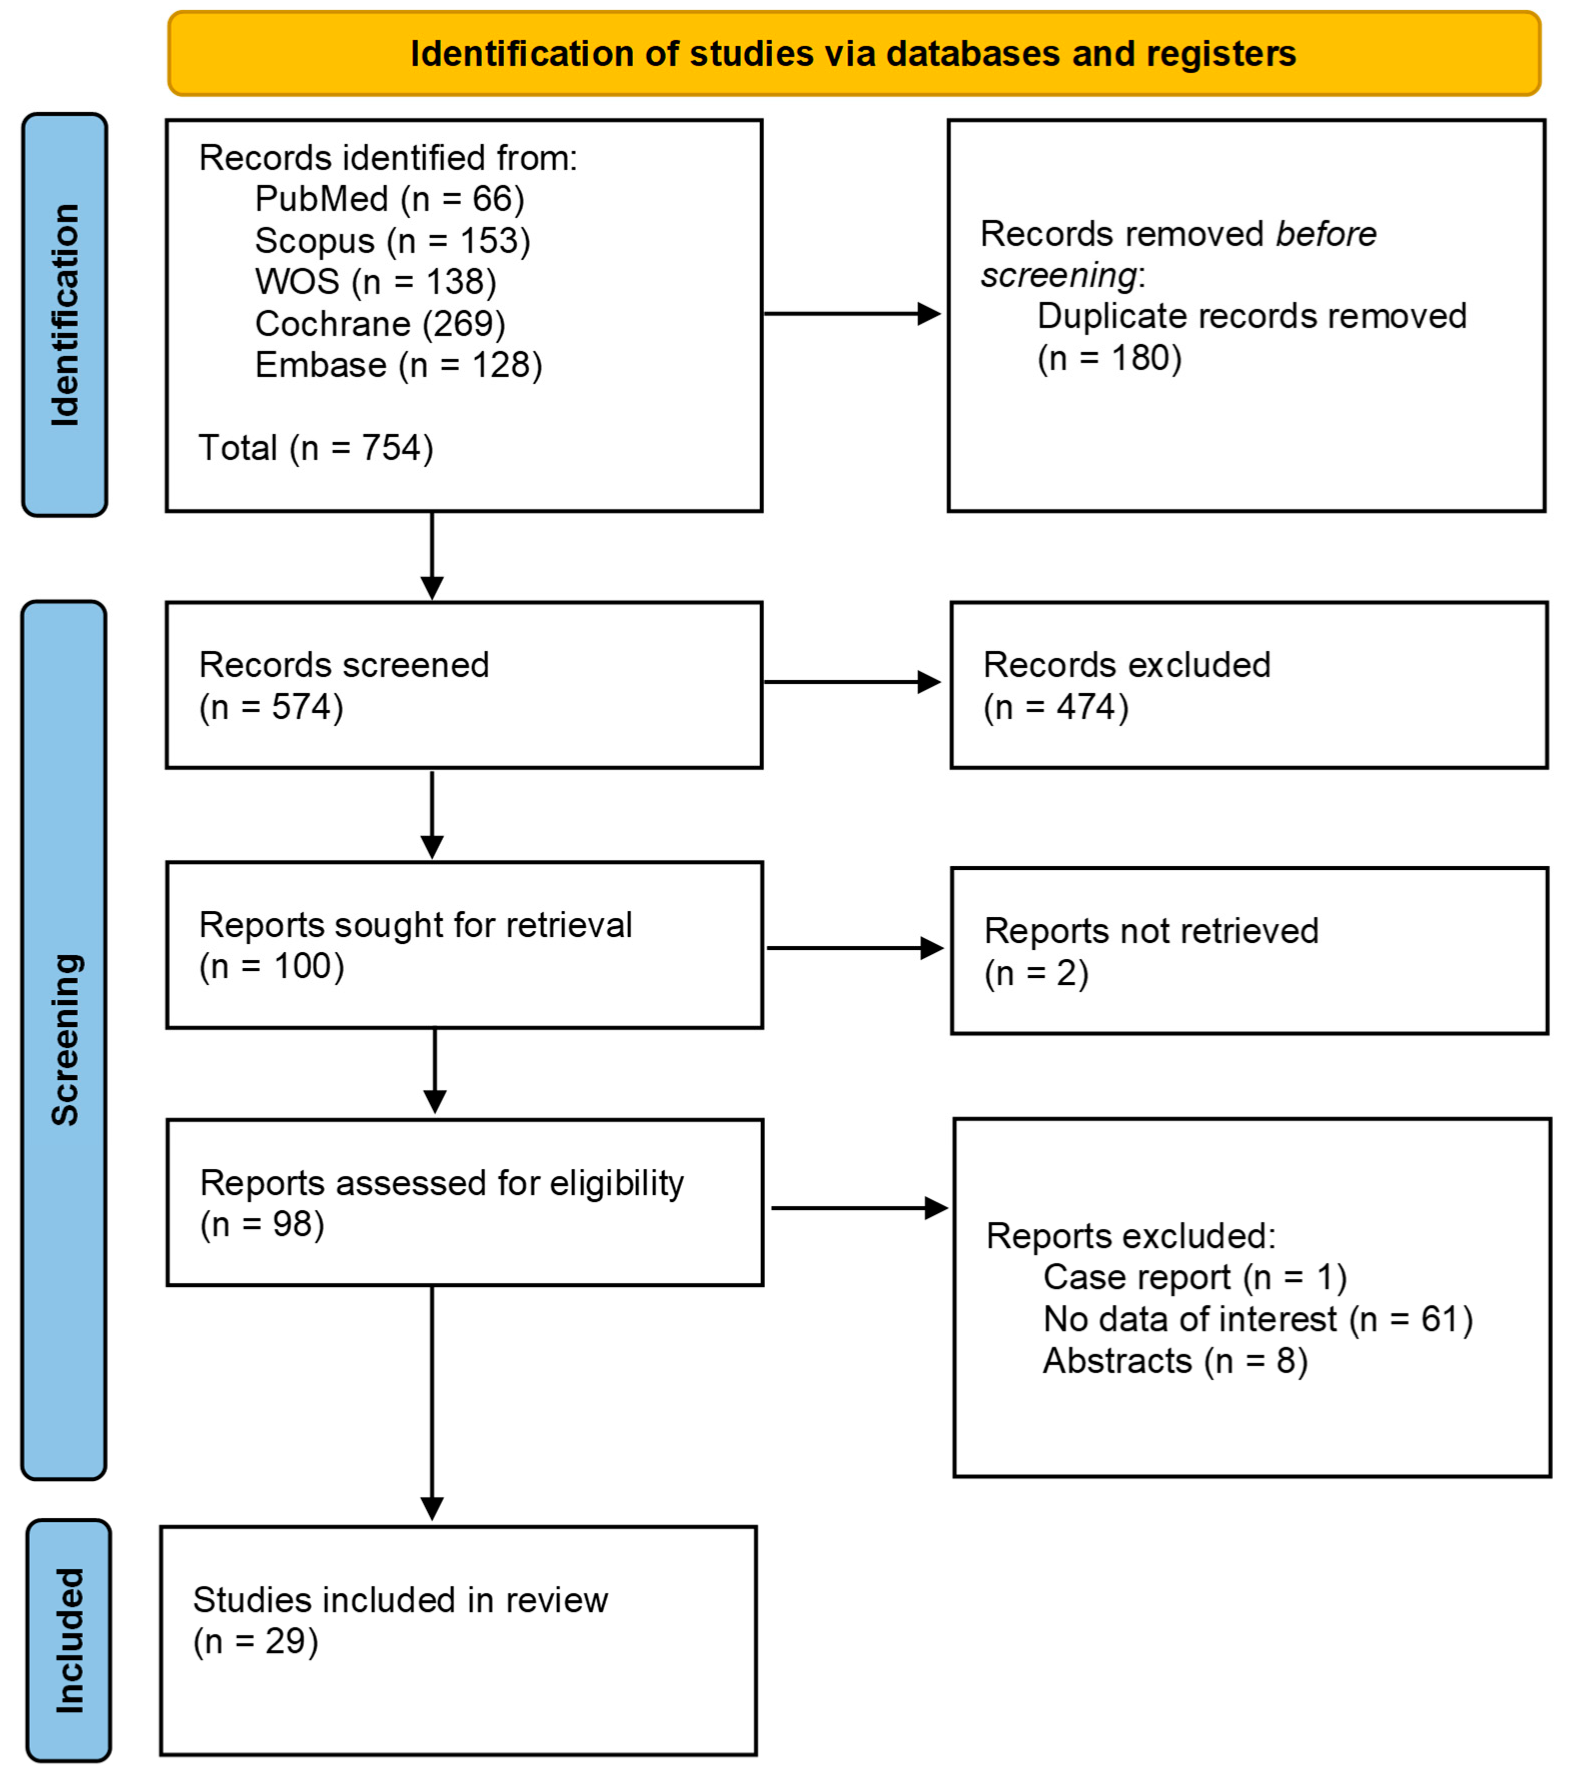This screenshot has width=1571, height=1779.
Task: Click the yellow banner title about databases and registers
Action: pyautogui.click(x=853, y=54)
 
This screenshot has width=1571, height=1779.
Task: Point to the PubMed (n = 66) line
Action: pyautogui.click(x=389, y=200)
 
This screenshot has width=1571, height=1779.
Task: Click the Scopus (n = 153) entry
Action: pyautogui.click(x=392, y=241)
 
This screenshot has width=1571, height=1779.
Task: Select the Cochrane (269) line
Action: pyautogui.click(x=380, y=324)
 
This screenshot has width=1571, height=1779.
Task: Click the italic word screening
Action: pyautogui.click(x=1057, y=275)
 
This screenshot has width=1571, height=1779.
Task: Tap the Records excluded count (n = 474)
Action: pyautogui.click(x=1056, y=707)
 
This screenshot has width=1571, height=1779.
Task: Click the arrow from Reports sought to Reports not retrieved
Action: pyautogui.click(x=855, y=948)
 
